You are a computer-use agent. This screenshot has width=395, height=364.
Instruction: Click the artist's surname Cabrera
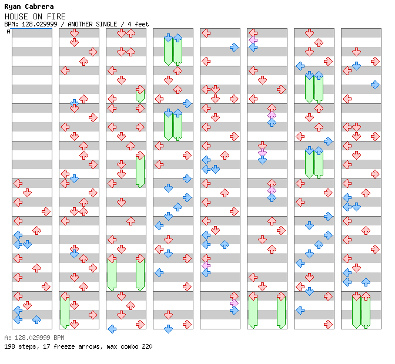coord(38,6)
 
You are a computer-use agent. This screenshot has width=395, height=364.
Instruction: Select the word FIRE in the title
coord(56,16)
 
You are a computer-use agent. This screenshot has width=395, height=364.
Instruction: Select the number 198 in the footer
coord(9,346)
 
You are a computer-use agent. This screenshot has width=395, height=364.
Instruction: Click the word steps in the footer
coord(26,346)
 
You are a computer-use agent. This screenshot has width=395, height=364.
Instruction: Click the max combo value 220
coord(147,346)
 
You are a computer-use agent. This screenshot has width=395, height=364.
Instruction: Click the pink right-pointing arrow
coord(235,303)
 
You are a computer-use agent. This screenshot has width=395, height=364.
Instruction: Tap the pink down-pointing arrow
coord(263,153)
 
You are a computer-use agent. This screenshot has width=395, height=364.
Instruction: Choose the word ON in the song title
coord(37,16)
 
